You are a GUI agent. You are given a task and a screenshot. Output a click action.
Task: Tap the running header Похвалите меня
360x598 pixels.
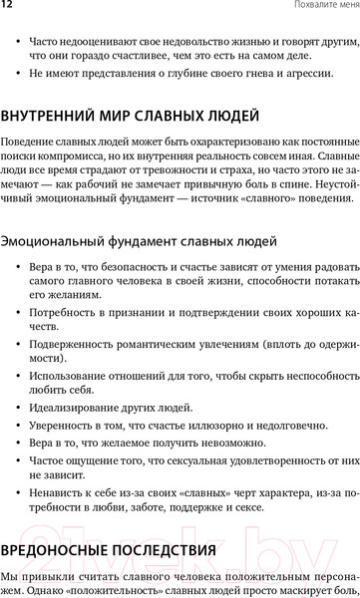point(321,6)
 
